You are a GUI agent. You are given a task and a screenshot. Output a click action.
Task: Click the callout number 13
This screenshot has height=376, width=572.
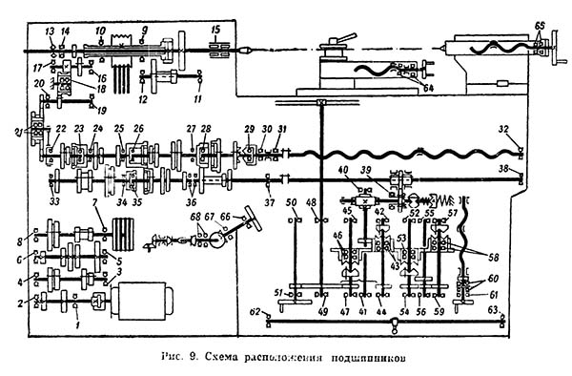50,31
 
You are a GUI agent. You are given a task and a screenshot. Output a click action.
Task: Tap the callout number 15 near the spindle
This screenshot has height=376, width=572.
214,31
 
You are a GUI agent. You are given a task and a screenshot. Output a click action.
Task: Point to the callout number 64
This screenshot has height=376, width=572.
427,89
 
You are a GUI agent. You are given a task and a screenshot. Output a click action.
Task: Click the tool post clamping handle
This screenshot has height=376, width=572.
343,40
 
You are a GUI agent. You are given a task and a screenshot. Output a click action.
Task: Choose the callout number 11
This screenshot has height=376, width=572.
197,99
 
